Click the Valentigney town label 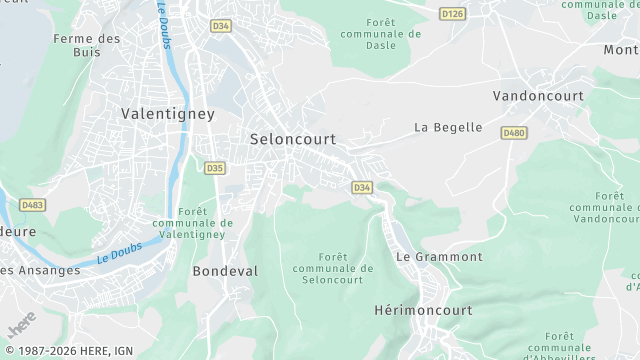[x=167, y=114]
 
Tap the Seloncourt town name [x=292, y=139]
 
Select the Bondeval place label [x=225, y=271]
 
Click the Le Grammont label [x=439, y=257]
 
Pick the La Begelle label [x=448, y=128]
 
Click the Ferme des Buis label [x=87, y=46]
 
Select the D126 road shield [x=453, y=14]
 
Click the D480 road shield [x=514, y=133]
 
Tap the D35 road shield [x=215, y=168]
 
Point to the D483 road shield [x=33, y=205]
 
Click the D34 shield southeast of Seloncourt [x=362, y=187]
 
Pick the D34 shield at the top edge [x=220, y=25]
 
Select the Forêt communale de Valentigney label [x=192, y=223]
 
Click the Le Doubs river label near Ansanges [x=120, y=252]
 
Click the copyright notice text [x=67, y=351]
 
